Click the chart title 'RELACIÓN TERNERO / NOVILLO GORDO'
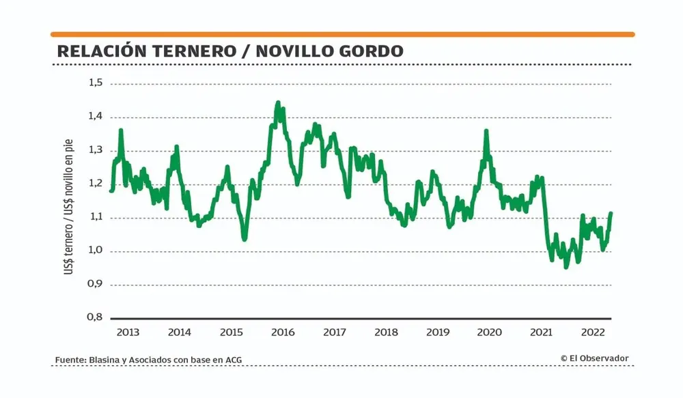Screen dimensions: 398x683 pyautogui.click(x=229, y=51)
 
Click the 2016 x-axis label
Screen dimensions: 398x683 pyautogui.click(x=282, y=332)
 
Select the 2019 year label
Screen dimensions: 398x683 pyautogui.click(x=437, y=332)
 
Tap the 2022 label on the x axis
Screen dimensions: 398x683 pyautogui.click(x=591, y=332)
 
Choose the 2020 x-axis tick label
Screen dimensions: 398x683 pyautogui.click(x=489, y=332)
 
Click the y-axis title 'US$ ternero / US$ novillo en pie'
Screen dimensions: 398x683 pyautogui.click(x=70, y=205)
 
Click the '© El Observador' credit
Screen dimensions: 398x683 pyautogui.click(x=594, y=358)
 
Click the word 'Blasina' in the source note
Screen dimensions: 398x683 pyautogui.click(x=104, y=360)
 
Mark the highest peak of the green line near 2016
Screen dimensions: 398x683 pyautogui.click(x=277, y=103)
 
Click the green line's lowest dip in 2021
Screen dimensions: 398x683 pyautogui.click(x=566, y=266)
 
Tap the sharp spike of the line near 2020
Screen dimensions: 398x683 pyautogui.click(x=486, y=131)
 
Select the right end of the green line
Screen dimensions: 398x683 pyautogui.click(x=611, y=214)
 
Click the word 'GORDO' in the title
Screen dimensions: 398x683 pyautogui.click(x=373, y=51)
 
